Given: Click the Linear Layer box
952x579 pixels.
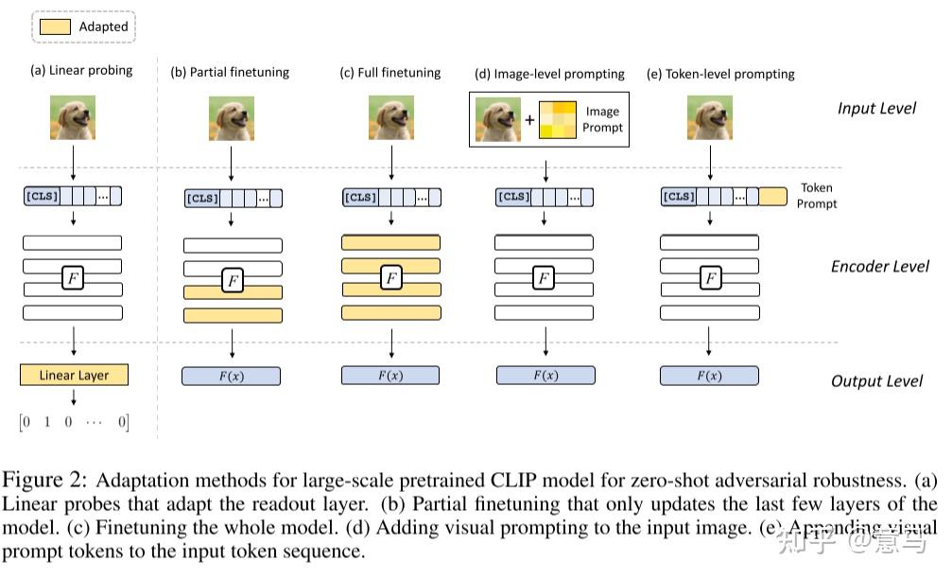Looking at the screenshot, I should click(74, 376).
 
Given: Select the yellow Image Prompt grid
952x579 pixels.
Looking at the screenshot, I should click(557, 120).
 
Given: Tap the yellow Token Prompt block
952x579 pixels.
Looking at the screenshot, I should click(772, 197).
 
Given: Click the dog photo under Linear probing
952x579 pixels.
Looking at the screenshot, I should click(73, 118).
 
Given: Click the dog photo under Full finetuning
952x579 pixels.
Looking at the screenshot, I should click(390, 118).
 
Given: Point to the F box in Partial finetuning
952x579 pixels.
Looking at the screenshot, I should click(233, 281).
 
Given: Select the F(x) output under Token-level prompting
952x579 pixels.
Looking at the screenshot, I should click(708, 376).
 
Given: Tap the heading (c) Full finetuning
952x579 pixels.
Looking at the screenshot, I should click(390, 73).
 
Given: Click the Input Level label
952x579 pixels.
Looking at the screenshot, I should click(876, 108).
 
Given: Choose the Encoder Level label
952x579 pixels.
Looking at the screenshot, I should click(879, 266).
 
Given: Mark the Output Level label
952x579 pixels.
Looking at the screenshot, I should click(876, 381).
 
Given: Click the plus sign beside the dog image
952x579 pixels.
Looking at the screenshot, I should click(529, 121).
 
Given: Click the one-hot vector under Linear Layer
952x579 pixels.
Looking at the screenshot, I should click(74, 422).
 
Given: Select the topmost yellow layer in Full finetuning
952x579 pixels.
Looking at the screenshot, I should click(390, 242).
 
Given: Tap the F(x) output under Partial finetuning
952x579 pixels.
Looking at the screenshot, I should click(232, 376).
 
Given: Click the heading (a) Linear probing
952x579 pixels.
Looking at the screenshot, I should click(81, 70).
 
